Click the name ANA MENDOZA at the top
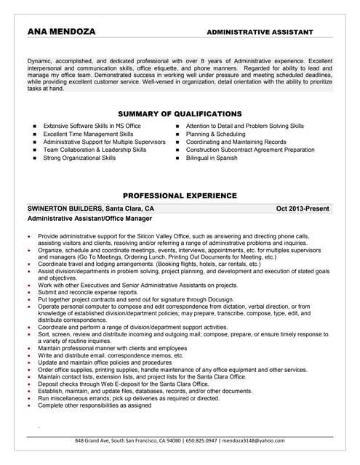pos(61,32)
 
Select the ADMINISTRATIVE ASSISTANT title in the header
pos(260,33)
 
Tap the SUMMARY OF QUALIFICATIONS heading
pos(180,113)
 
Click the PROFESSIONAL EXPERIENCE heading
pos(180,196)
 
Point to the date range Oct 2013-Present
pos(303,209)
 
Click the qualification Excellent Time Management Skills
pos(88,134)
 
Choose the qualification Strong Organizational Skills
pos(79,158)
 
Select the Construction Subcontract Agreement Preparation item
pos(250,150)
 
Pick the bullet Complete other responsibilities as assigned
pos(95,426)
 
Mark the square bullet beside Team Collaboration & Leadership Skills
pos(35,150)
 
